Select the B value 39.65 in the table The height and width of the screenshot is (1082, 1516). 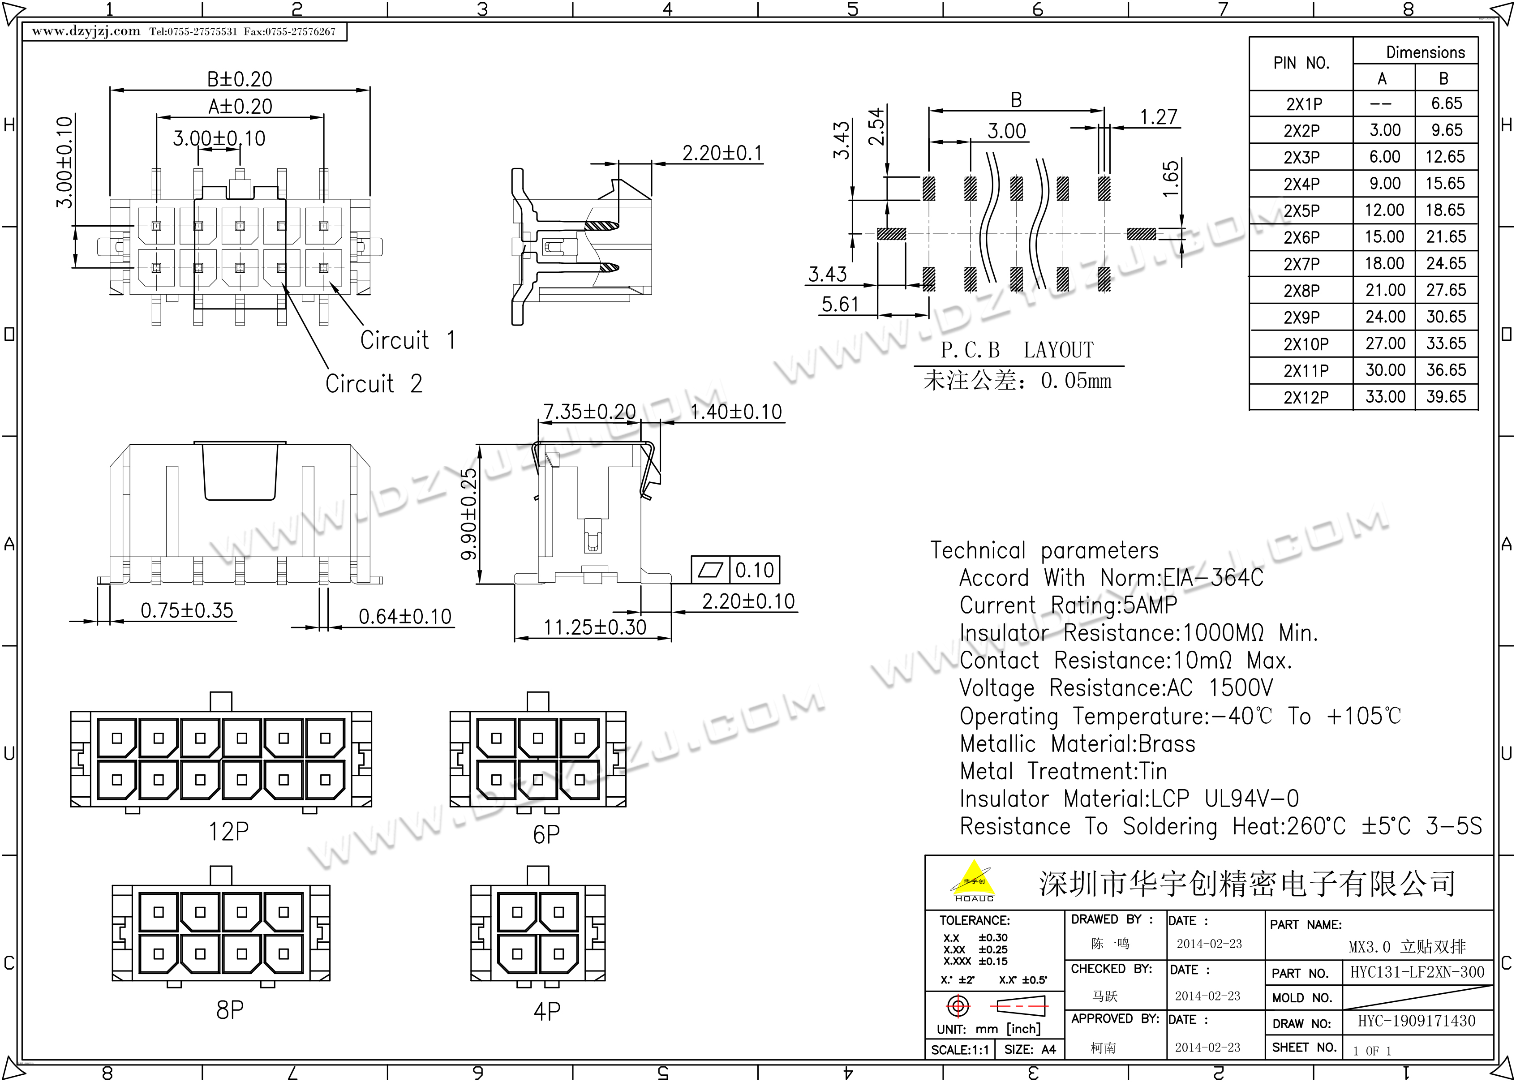(1446, 397)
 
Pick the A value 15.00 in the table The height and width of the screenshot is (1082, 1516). (1384, 237)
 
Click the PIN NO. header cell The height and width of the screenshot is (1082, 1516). (1301, 63)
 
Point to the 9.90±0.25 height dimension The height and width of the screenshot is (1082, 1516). (469, 514)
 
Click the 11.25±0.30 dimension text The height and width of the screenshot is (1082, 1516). (594, 627)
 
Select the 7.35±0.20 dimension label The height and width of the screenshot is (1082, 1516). (589, 412)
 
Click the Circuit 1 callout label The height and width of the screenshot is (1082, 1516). (408, 340)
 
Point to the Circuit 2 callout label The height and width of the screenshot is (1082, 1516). (374, 384)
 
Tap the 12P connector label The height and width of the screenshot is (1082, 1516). (228, 832)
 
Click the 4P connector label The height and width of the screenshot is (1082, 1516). (546, 1011)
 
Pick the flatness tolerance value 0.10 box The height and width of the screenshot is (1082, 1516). (754, 570)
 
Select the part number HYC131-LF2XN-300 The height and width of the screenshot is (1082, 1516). (1417, 972)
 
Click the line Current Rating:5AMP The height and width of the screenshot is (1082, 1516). (1068, 605)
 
